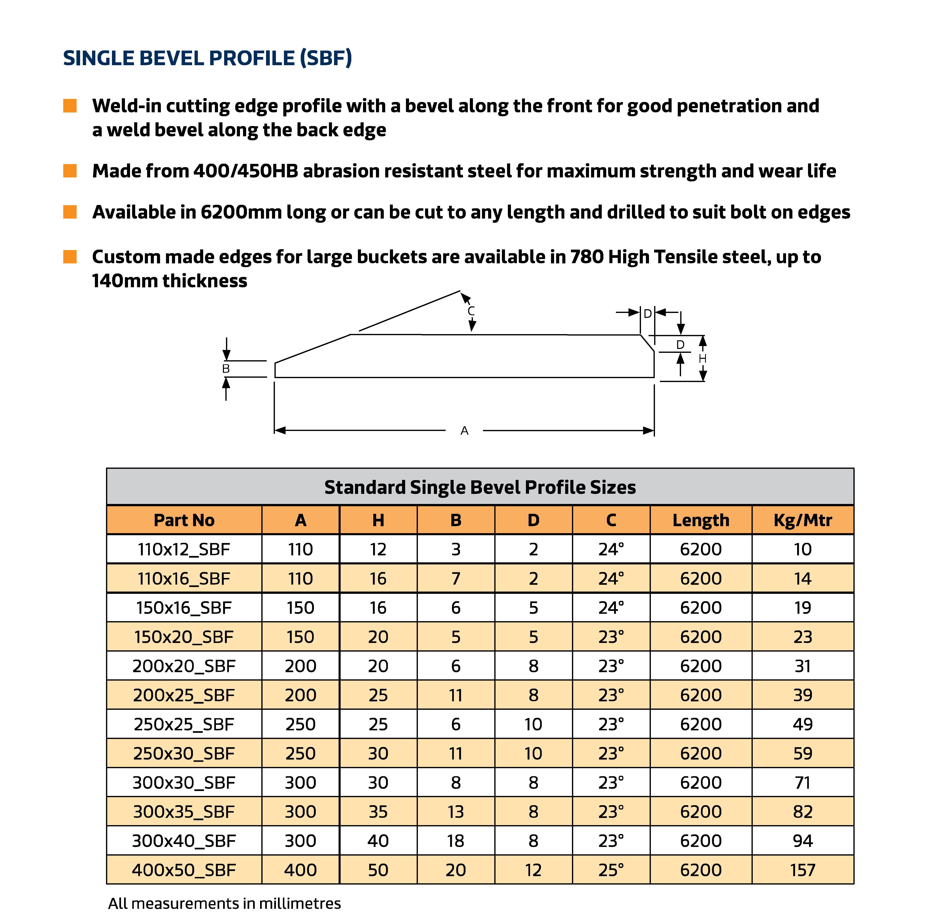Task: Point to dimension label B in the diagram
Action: (x=226, y=368)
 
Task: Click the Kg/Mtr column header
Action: (x=802, y=520)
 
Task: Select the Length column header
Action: (x=701, y=520)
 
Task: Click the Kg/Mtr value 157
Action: (x=802, y=870)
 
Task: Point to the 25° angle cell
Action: (x=611, y=870)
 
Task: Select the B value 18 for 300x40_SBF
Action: (x=456, y=841)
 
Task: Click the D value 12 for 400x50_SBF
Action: (x=533, y=870)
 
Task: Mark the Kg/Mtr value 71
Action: (x=802, y=782)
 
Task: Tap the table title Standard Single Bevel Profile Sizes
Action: (x=480, y=487)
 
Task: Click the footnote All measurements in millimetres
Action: (x=224, y=903)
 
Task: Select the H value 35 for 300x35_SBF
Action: (x=378, y=811)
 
